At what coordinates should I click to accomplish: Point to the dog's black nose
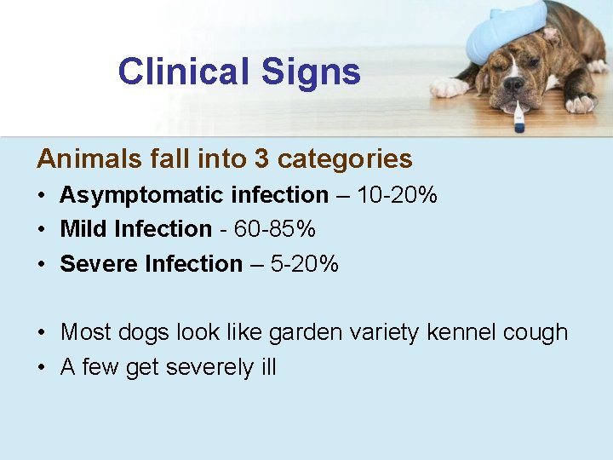[x=513, y=84]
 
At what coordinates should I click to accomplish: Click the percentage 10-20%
[x=397, y=195]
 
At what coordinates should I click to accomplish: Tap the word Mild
[x=83, y=229]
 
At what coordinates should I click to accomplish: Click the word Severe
[x=99, y=264]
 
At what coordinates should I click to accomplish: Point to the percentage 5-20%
[x=305, y=264]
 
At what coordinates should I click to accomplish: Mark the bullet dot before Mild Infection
[x=42, y=230]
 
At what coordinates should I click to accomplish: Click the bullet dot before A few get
[x=42, y=368]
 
